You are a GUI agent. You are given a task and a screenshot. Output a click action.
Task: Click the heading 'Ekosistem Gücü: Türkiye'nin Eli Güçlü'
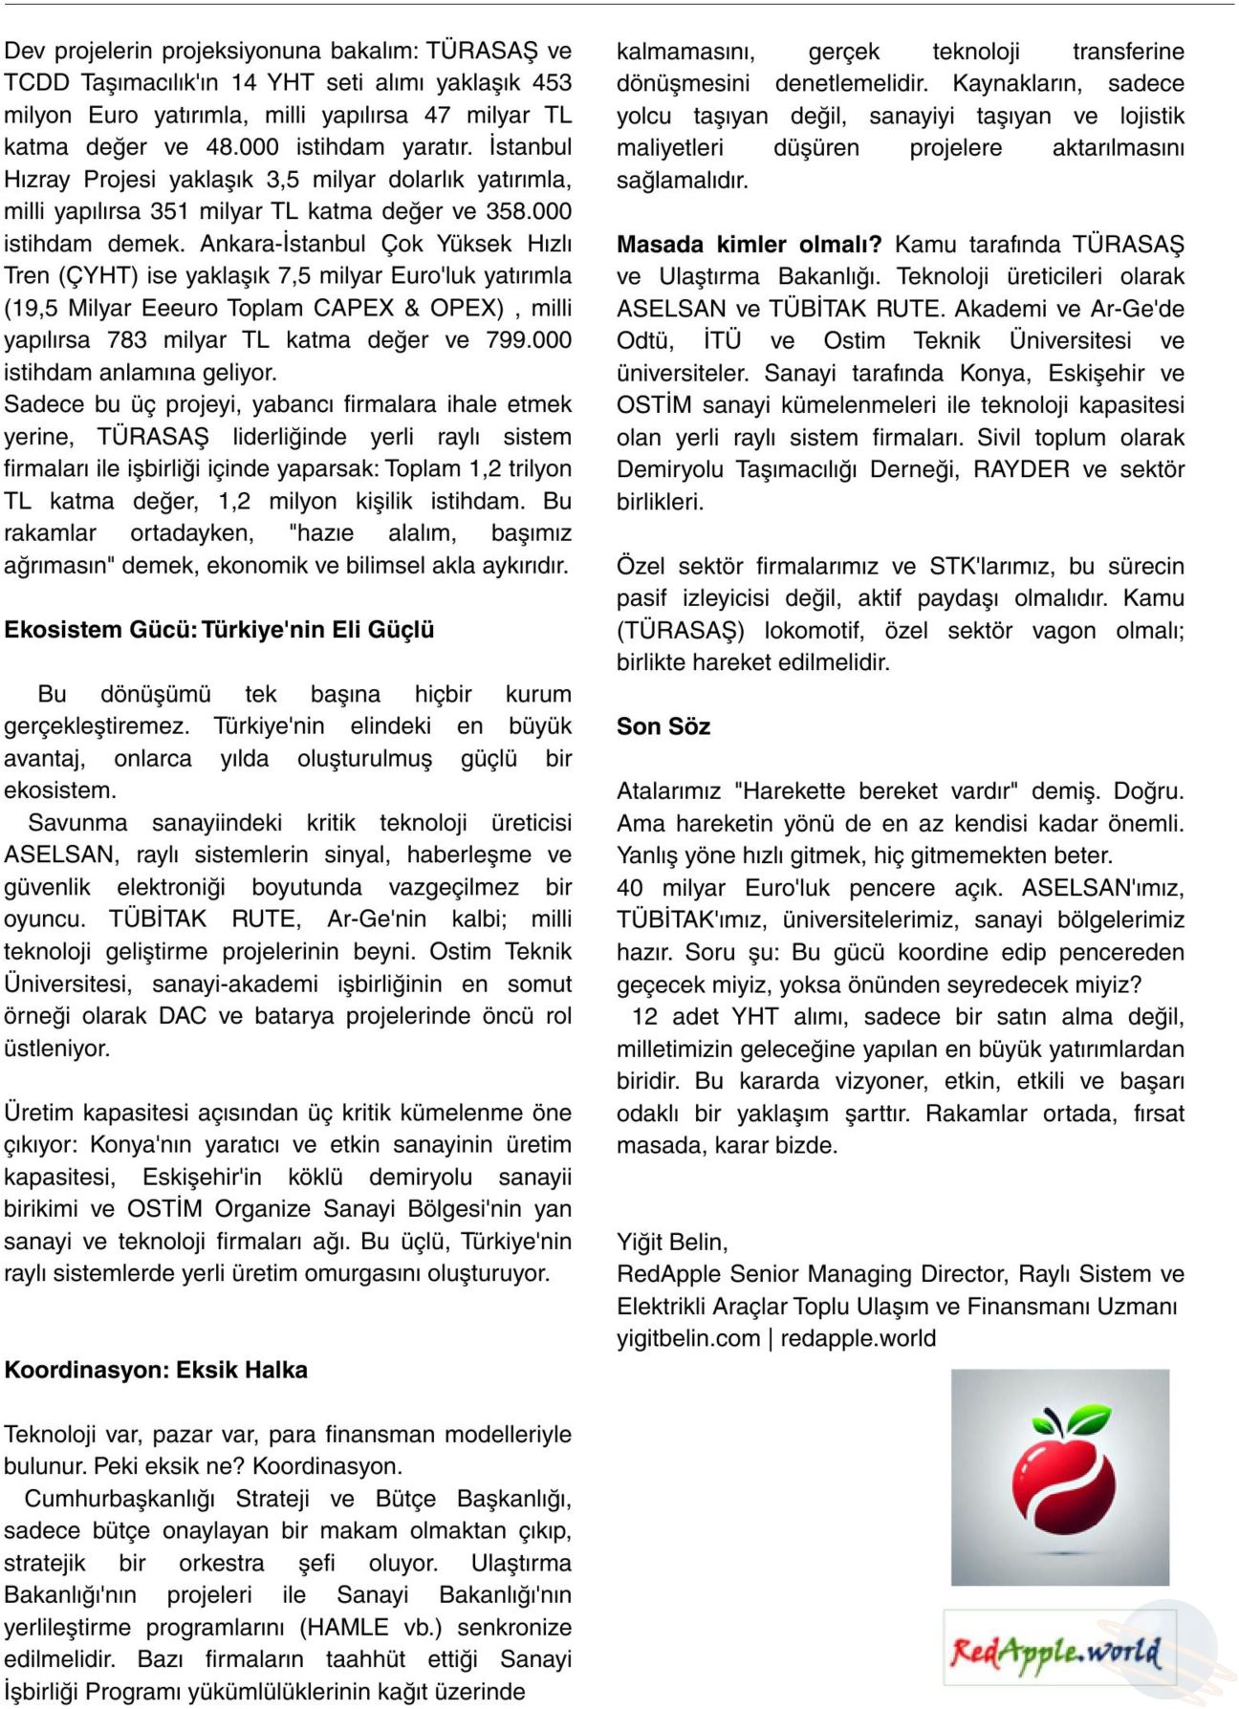pyautogui.click(x=219, y=630)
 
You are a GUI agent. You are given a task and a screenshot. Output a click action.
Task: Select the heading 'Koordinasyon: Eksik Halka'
pyautogui.click(x=156, y=1370)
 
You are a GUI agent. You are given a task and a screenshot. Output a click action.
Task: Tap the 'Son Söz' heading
pyautogui.click(x=663, y=726)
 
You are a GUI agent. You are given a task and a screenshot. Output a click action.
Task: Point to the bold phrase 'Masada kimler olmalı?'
pyautogui.click(x=749, y=245)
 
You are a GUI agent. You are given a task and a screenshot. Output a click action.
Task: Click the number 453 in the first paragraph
pyautogui.click(x=552, y=83)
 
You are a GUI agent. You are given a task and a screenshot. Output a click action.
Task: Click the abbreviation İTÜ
pyautogui.click(x=722, y=341)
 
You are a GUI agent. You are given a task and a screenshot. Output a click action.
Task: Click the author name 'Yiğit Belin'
pyautogui.click(x=671, y=1242)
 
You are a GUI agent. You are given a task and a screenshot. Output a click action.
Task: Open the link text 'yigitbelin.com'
pyautogui.click(x=688, y=1338)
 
